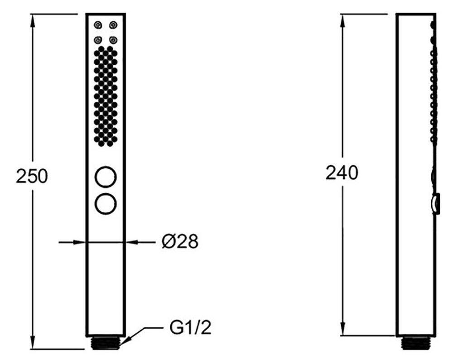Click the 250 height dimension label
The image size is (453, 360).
[x=32, y=176]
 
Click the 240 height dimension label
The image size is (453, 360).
[x=342, y=173]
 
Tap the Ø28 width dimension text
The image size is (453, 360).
[x=180, y=242]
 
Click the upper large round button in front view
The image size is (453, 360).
[x=106, y=177]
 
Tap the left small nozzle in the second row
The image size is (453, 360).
[x=98, y=40]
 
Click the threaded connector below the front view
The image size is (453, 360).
[x=106, y=343]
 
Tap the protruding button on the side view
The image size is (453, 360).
[x=436, y=203]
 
